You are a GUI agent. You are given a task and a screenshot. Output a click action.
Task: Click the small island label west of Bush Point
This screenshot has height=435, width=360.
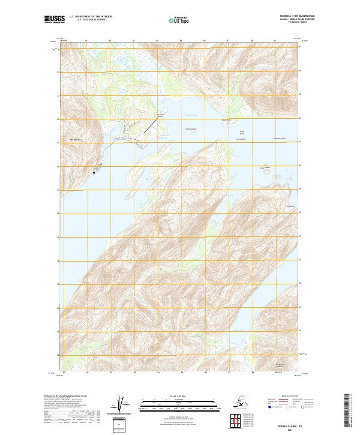[x=191, y=128]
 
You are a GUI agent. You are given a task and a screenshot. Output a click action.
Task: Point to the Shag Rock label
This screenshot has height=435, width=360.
[x=242, y=132]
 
